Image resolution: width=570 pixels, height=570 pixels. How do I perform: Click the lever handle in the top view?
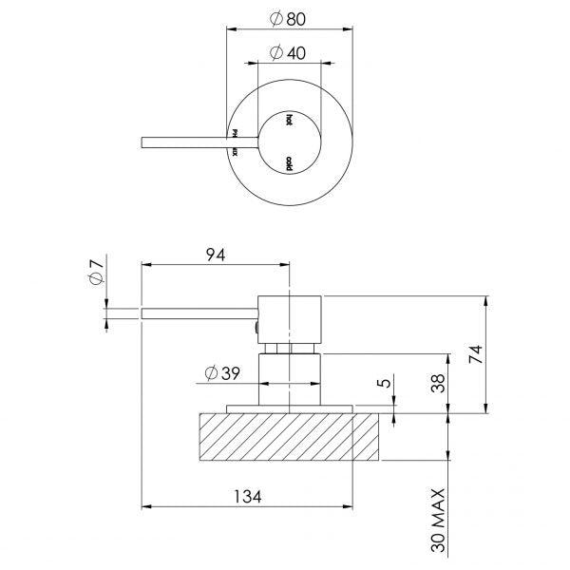pos(185,142)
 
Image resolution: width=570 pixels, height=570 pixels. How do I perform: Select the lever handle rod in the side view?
pos(195,312)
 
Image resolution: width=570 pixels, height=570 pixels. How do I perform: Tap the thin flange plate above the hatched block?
pos(289,409)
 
